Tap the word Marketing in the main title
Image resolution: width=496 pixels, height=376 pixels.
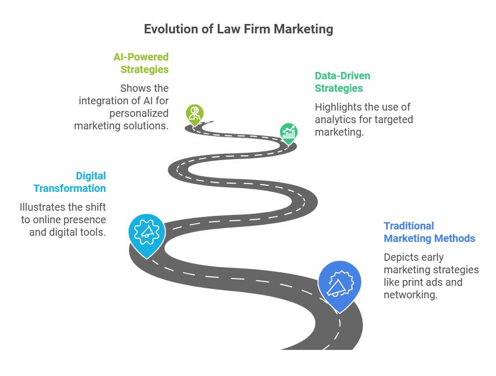click(303, 29)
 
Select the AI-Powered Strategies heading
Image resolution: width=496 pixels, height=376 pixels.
click(141, 63)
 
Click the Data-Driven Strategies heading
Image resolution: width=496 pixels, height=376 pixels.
click(343, 82)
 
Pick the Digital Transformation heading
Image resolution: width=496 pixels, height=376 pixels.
click(69, 182)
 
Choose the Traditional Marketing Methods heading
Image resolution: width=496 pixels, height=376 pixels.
click(429, 232)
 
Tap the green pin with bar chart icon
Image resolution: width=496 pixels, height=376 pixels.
click(289, 134)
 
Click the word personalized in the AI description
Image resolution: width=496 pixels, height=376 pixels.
click(139, 114)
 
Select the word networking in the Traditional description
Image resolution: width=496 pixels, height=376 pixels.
click(410, 295)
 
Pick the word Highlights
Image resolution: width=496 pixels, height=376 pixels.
click(338, 107)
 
